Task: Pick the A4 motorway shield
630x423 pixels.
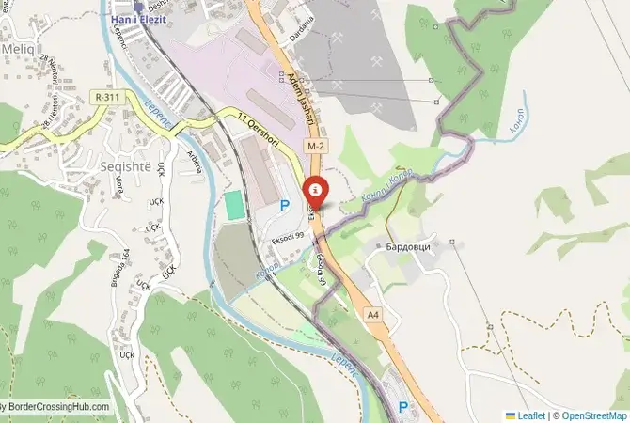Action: (374, 314)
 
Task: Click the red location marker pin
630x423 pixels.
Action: (315, 193)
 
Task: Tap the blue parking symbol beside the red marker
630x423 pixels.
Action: (284, 204)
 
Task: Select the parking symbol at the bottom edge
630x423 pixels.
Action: (403, 408)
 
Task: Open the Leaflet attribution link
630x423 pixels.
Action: (528, 415)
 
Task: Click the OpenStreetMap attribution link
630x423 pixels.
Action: (592, 415)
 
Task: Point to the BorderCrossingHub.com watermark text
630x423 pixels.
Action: (56, 408)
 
